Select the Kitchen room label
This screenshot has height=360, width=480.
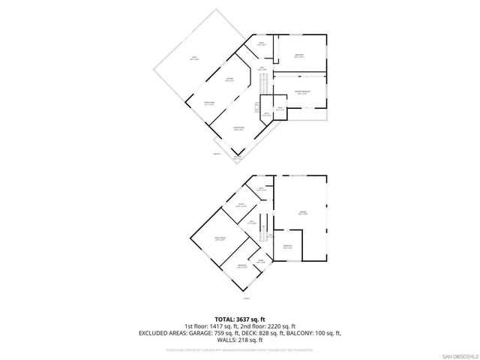[229, 79]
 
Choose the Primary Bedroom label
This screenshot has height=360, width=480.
[302, 94]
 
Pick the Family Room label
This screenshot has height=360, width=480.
[221, 238]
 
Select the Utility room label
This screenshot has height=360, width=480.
[242, 205]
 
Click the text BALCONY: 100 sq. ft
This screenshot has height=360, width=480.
[313, 333]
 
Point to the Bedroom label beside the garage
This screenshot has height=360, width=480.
[288, 247]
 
